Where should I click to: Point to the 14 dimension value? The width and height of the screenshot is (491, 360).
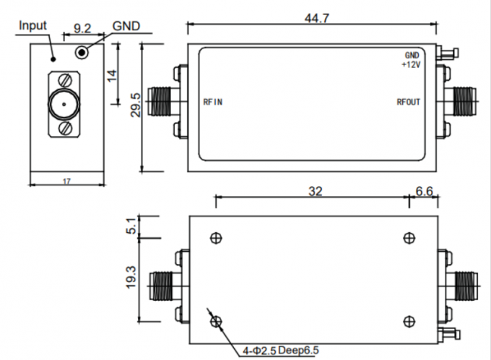(x=111, y=76)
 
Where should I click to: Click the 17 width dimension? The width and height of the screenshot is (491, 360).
(x=66, y=182)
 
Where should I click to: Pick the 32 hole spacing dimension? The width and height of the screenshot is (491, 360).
(x=315, y=192)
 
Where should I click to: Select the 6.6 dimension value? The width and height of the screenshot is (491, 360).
(x=422, y=192)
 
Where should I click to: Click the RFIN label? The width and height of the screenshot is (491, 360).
(x=213, y=102)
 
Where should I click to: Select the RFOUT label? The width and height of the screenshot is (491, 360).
(x=408, y=102)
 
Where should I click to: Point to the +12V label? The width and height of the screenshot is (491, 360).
(x=410, y=65)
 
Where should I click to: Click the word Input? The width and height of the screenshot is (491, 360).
(x=32, y=25)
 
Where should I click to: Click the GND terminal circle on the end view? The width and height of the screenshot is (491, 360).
(x=84, y=52)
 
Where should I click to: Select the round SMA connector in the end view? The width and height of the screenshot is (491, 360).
(x=64, y=106)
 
